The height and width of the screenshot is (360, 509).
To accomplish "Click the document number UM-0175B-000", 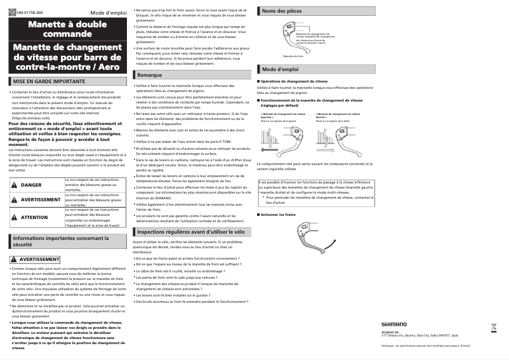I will click(x=30, y=13).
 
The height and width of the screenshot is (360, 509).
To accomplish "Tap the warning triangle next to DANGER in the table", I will click(x=14, y=185).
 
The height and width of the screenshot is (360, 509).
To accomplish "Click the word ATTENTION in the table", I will click(x=34, y=217).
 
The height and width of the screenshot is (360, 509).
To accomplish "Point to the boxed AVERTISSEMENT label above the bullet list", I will click(x=36, y=260).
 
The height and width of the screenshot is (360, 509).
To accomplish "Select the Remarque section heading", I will click(x=149, y=75).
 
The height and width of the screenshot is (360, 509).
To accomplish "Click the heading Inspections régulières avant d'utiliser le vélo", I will click(x=190, y=232).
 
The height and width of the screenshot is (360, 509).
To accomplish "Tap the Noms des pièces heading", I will click(x=282, y=11).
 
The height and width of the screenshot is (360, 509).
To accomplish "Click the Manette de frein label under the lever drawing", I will click(x=293, y=57).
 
